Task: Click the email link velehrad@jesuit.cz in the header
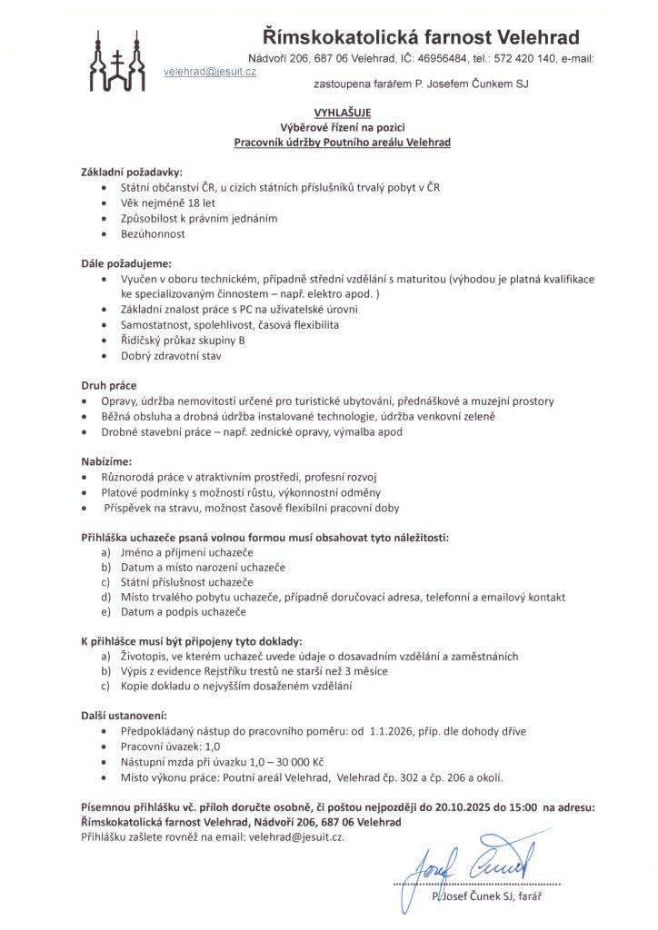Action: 210,70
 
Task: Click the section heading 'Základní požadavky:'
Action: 132,172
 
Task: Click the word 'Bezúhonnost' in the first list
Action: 153,233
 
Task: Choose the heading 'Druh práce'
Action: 109,385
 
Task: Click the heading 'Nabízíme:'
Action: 106,461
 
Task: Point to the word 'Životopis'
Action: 145,657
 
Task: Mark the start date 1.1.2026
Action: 395,731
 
